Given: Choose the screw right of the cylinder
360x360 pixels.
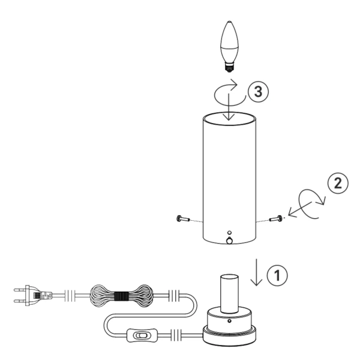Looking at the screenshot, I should tap(277, 220).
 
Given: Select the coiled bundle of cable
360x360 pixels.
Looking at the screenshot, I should tap(121, 296).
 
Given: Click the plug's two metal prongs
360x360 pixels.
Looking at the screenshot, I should tap(19, 295).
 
